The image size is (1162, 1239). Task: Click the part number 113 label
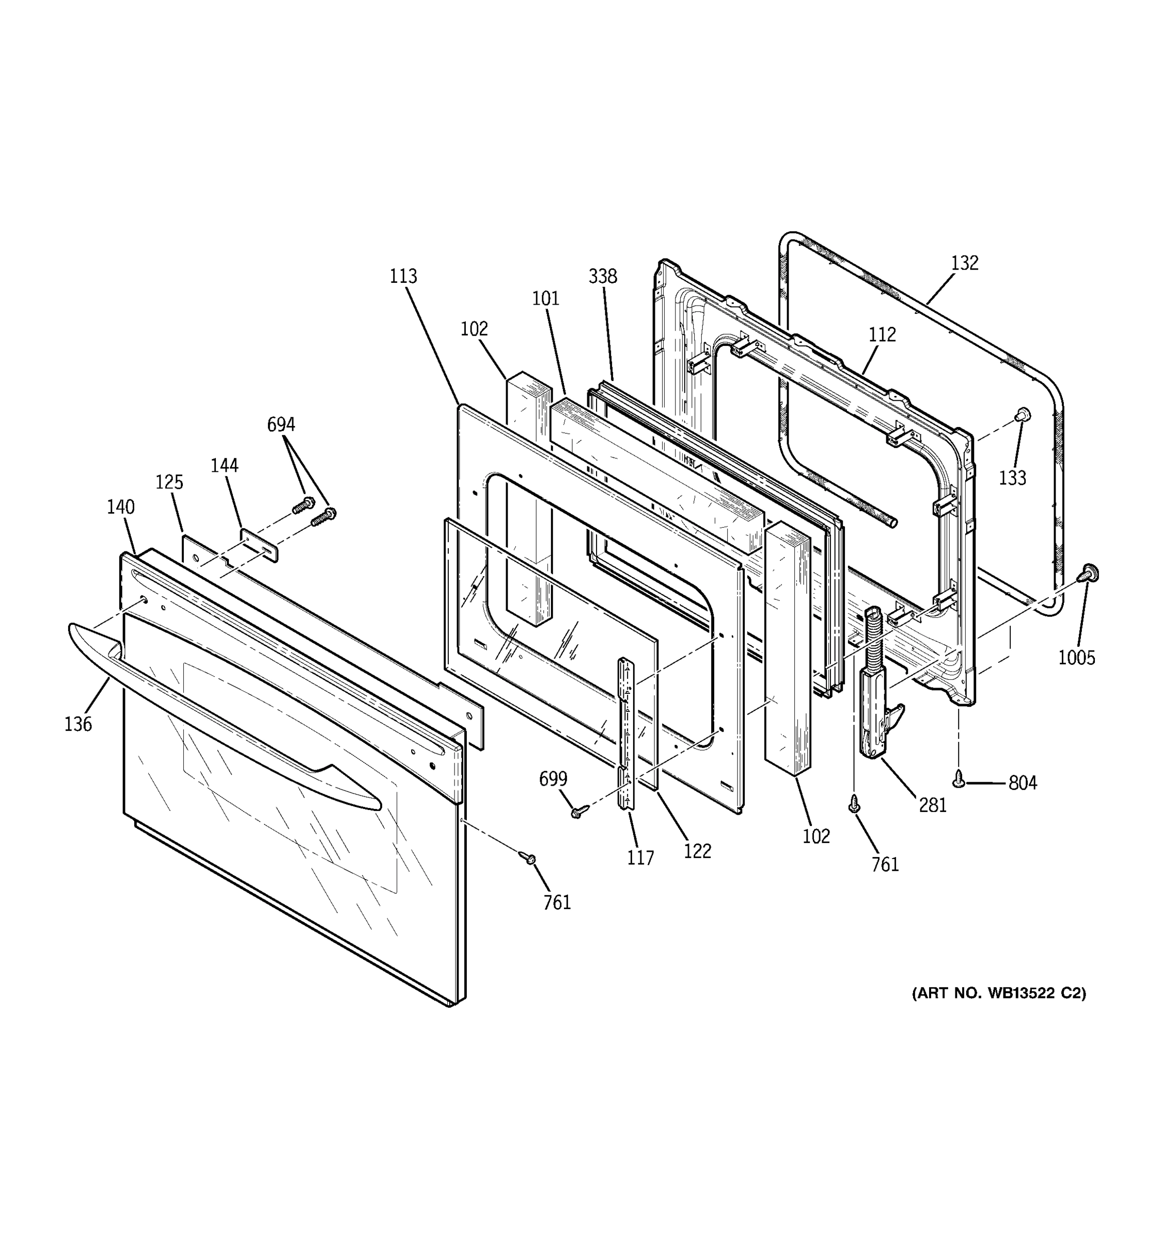[x=403, y=276]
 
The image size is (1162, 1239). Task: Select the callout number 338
[x=603, y=276]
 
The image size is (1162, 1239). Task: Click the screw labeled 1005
[x=1090, y=572]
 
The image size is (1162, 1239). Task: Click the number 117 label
[x=641, y=857]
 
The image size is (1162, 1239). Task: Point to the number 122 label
[x=697, y=851]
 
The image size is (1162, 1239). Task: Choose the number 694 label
[x=280, y=424]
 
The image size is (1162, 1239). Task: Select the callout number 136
[x=78, y=724]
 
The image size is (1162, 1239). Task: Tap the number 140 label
[x=120, y=506]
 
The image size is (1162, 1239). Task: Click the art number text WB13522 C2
[x=999, y=1010]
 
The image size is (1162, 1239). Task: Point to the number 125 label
[x=169, y=482]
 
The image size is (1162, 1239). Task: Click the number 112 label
[x=882, y=335]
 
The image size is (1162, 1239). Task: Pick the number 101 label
[x=545, y=298]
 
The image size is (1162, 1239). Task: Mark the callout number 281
[x=933, y=805]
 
